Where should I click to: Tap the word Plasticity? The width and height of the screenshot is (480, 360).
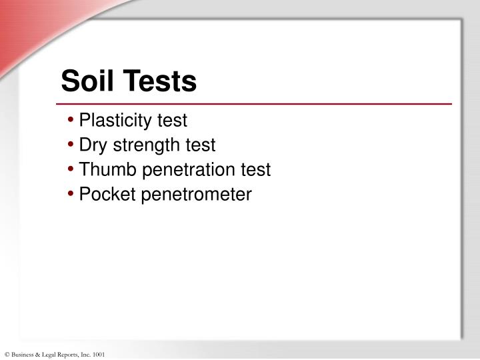click(x=117, y=121)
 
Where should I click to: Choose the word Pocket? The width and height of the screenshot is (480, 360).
click(x=103, y=195)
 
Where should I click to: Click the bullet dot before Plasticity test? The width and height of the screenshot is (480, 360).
click(x=71, y=121)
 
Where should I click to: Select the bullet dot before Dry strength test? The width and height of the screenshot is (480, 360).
click(x=71, y=146)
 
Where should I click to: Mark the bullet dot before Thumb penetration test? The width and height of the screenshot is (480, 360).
click(x=71, y=171)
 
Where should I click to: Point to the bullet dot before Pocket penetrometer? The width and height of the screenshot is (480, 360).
click(x=71, y=195)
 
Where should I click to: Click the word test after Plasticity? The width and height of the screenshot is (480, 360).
click(x=173, y=121)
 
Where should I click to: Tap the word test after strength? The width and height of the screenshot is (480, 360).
click(x=201, y=145)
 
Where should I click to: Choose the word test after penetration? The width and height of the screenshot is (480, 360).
click(x=256, y=170)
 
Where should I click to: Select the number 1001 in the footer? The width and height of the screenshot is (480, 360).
click(x=98, y=355)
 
